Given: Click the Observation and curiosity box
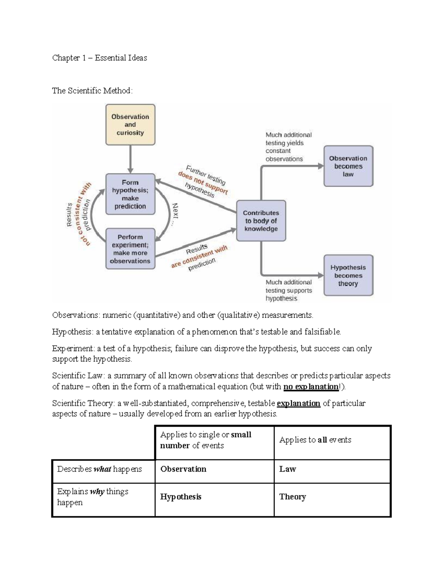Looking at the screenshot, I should [130, 125].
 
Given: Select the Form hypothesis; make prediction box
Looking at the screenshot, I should [130, 194].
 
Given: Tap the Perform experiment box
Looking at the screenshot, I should [130, 249].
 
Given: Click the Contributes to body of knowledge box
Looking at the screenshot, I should [261, 221].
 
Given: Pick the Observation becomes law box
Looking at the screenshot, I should [348, 166].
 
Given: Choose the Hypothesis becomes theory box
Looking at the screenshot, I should [348, 275].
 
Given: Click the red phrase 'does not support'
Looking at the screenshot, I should [203, 183].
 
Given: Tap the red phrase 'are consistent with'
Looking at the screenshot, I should [199, 257].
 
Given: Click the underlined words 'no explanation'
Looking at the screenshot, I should [311, 387].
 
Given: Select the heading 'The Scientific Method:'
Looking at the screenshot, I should [92, 91].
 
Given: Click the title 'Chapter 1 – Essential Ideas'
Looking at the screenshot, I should [100, 58].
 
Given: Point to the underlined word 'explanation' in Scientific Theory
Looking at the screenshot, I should [298, 403].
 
